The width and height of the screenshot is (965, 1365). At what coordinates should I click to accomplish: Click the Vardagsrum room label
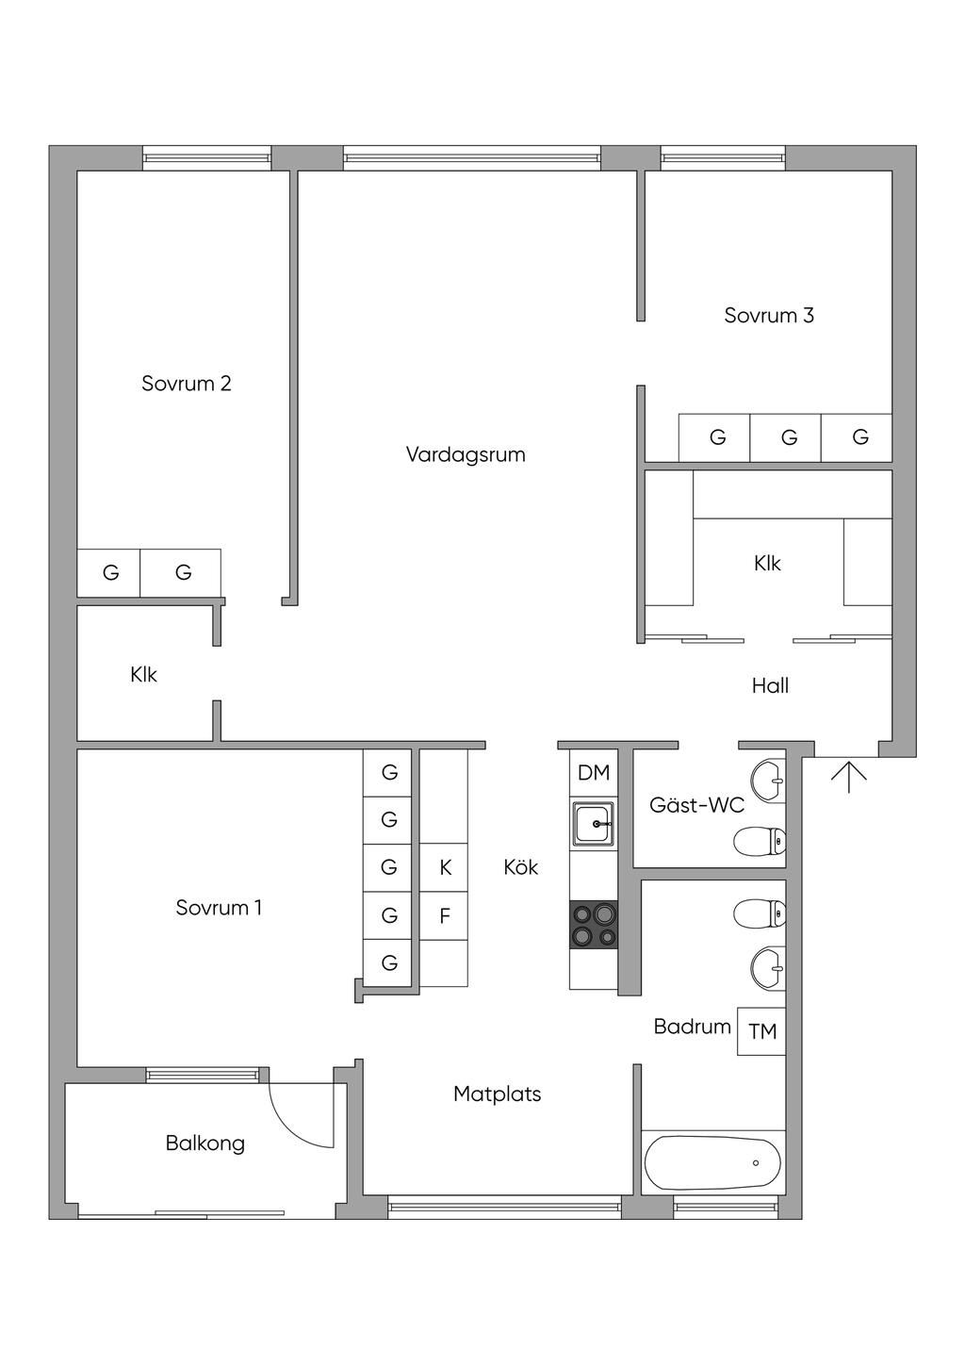click(x=466, y=454)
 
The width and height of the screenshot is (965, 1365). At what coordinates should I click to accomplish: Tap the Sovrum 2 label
click(x=187, y=384)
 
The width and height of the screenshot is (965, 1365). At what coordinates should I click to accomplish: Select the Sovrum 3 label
click(x=769, y=315)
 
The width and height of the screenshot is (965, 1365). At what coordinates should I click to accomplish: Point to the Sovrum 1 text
click(x=219, y=908)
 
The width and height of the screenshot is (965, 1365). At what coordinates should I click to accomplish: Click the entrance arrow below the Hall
click(x=849, y=778)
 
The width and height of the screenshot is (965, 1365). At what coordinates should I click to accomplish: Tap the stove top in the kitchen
click(x=594, y=925)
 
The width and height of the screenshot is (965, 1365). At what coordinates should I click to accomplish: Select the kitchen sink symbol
click(x=594, y=823)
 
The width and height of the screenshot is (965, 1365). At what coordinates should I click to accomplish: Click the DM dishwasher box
click(x=594, y=773)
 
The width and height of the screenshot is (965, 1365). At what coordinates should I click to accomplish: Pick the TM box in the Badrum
click(x=761, y=1031)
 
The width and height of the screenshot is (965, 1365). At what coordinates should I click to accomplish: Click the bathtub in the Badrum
click(x=712, y=1163)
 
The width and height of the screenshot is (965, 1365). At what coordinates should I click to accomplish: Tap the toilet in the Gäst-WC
click(x=760, y=842)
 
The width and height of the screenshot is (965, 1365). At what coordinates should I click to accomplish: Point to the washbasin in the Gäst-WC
click(x=768, y=780)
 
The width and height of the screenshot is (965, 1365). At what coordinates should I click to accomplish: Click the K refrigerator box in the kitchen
click(x=445, y=868)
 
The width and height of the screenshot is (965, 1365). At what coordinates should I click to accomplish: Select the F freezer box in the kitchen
click(x=445, y=915)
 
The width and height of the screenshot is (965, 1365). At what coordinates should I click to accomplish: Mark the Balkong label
click(x=205, y=1143)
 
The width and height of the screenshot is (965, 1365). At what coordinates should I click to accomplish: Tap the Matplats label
click(x=498, y=1094)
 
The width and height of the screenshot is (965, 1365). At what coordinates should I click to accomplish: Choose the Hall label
click(x=770, y=685)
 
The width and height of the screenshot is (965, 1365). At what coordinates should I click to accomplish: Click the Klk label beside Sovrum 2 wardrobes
click(x=144, y=675)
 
